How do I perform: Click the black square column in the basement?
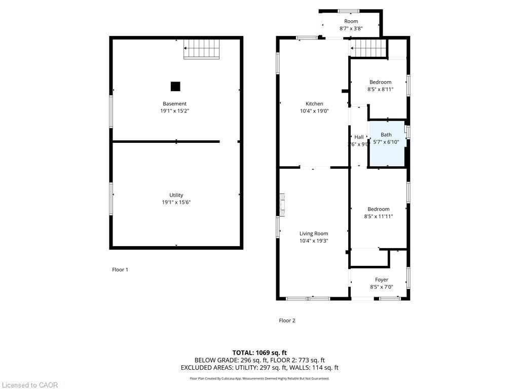175,86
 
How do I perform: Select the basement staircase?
201,49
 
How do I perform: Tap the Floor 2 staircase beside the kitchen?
368,49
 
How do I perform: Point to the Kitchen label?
314,104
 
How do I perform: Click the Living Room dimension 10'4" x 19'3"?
314,241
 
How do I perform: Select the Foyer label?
381,280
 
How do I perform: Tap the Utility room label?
176,195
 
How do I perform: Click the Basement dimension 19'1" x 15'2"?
175,111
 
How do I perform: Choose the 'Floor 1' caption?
120,269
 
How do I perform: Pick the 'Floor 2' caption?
287,320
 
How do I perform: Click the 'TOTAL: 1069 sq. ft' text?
259,353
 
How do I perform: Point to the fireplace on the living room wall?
282,205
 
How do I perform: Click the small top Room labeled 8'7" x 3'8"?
351,24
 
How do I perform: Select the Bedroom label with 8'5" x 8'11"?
380,82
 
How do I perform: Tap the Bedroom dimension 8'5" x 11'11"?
379,216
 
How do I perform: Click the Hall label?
359,137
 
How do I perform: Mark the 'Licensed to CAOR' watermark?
29,385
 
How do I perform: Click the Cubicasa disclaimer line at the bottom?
259,378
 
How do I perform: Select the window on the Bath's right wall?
407,132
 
